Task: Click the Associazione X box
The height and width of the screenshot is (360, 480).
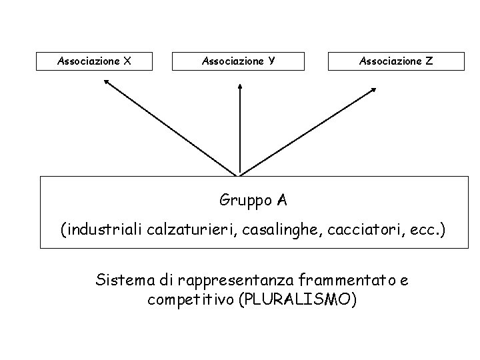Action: (x=94, y=61)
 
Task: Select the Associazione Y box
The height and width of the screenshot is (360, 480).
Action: (x=239, y=61)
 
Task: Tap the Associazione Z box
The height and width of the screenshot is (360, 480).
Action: (x=396, y=61)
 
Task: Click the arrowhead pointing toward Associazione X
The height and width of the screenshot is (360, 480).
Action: (x=107, y=82)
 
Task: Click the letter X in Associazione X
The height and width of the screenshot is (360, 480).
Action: (x=127, y=61)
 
